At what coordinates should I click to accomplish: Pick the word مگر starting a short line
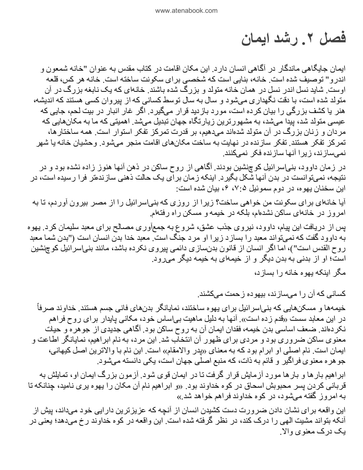[x=339, y=273]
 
